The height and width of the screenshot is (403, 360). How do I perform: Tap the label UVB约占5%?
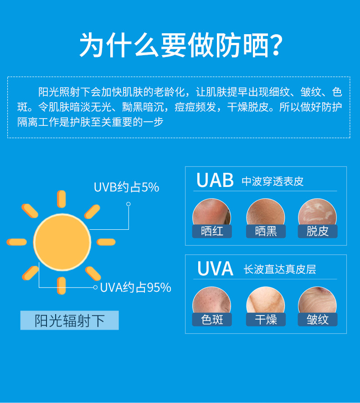[x=126, y=187]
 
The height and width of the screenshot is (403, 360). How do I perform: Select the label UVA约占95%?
[x=135, y=287]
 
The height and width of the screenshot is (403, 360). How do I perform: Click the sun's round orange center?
[x=62, y=242]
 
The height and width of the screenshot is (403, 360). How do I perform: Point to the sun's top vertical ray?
[x=61, y=199]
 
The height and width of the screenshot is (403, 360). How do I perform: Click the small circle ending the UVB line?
[x=129, y=204]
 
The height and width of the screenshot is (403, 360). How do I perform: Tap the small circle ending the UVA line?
[x=95, y=287]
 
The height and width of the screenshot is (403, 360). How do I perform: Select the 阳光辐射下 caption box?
[x=70, y=320]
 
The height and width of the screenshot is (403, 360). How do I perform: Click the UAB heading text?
[x=215, y=180]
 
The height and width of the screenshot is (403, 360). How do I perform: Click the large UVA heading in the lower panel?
[x=215, y=269]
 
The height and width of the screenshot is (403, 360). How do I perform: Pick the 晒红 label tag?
[x=212, y=231]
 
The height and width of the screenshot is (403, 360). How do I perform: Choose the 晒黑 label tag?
[x=266, y=231]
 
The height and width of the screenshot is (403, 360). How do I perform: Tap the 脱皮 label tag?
[x=318, y=231]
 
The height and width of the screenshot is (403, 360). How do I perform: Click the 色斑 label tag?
[x=212, y=320]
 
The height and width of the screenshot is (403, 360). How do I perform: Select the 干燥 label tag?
[x=266, y=320]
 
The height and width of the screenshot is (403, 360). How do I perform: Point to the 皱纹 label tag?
[x=318, y=320]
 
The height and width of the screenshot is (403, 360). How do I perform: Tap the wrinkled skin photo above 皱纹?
[x=317, y=300]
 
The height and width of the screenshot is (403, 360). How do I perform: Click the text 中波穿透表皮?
[x=273, y=181]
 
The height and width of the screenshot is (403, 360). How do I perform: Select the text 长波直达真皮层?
[x=280, y=269]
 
